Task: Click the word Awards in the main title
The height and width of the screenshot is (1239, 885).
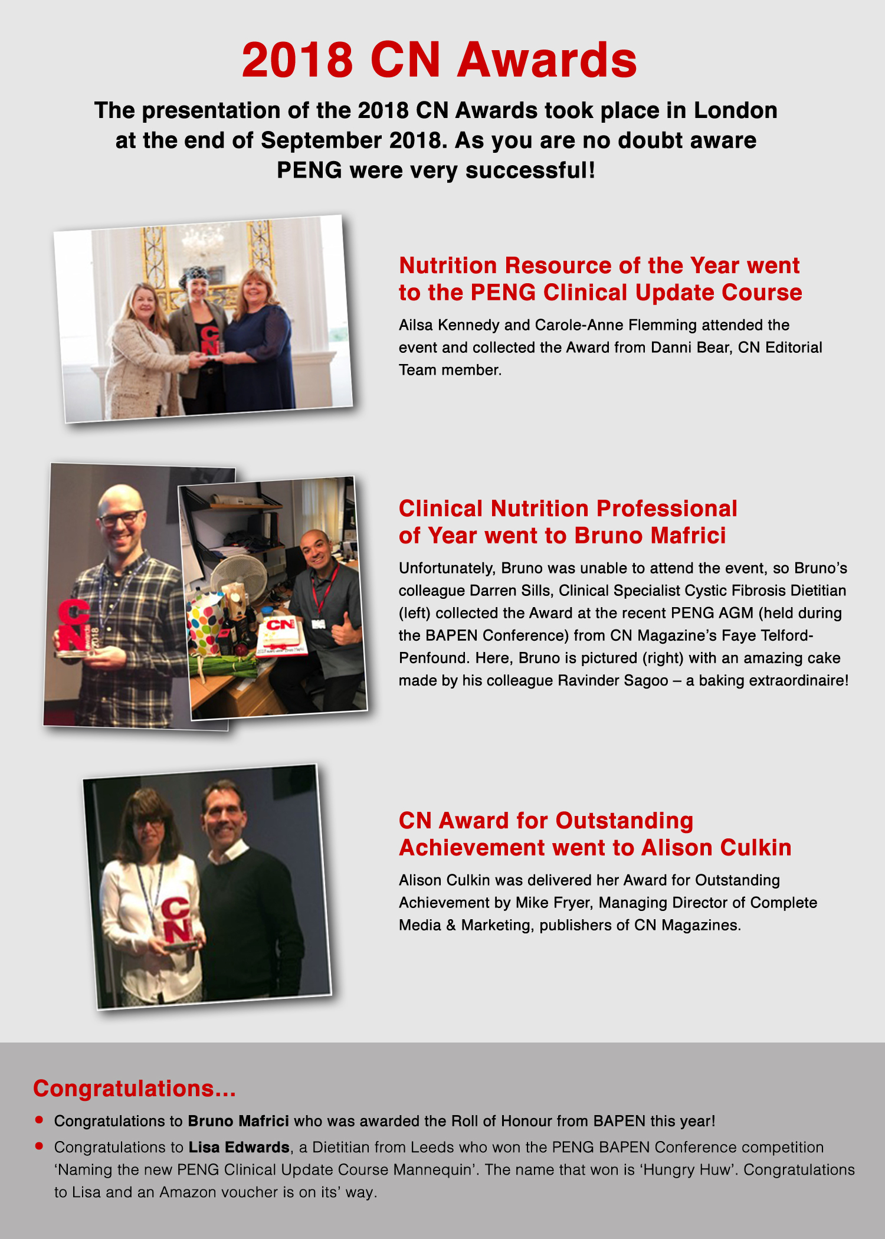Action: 548,60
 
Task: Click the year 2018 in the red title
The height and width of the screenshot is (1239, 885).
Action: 297,60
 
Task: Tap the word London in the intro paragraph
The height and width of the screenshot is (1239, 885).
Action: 735,111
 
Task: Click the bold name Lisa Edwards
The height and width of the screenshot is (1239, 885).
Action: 239,1147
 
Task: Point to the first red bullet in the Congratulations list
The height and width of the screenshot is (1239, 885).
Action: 40,1119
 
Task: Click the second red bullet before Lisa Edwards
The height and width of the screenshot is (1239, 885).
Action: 40,1146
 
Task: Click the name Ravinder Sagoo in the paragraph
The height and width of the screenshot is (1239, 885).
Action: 613,680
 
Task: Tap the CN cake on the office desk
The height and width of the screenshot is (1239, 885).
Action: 282,635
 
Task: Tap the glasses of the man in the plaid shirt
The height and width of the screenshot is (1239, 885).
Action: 121,519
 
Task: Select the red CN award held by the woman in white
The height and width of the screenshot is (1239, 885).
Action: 176,920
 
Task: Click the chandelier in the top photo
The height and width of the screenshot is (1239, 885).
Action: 202,238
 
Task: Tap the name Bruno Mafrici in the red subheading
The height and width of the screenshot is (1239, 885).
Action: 650,536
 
